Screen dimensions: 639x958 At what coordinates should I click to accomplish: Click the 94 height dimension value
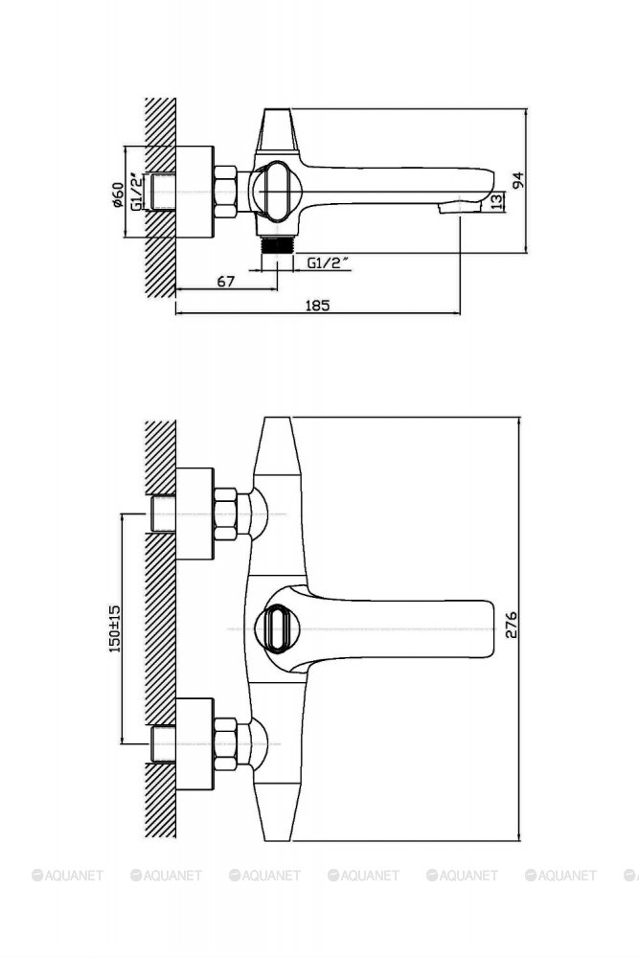518,181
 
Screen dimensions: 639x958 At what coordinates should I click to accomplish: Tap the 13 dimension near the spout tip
498,201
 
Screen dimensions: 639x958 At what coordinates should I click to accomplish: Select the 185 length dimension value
317,305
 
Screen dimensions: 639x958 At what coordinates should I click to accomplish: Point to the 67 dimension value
226,281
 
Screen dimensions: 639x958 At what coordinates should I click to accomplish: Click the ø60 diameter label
119,194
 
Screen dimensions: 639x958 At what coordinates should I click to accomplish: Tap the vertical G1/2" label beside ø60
137,192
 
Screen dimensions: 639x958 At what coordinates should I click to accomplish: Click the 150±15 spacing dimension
115,628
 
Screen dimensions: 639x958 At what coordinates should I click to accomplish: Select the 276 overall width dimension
511,625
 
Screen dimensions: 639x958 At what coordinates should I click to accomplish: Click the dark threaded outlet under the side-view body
278,244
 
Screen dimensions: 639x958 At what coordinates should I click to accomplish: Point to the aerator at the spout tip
460,208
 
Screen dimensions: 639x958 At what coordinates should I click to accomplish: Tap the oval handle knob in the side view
277,192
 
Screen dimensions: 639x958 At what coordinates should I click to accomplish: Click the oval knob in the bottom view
278,628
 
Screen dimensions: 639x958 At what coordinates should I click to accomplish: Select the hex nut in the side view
225,192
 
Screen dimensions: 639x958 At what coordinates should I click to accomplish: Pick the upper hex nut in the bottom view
225,513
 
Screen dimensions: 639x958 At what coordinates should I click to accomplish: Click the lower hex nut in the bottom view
225,743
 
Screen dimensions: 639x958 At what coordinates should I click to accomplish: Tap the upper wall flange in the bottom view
194,513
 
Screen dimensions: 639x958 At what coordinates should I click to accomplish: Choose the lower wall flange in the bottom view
194,743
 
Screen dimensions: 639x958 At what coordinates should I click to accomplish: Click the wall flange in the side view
194,192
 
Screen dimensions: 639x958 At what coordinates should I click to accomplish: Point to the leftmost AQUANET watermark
67,876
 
